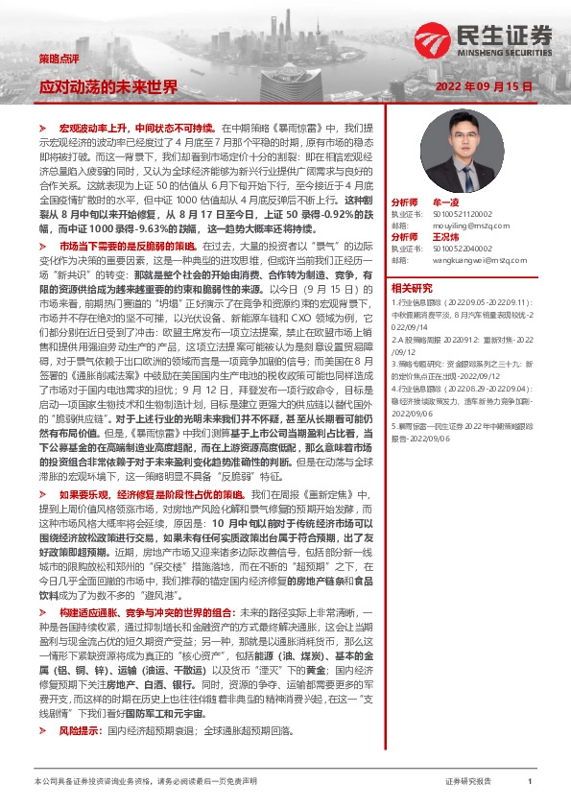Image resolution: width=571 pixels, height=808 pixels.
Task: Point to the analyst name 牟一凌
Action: [447, 203]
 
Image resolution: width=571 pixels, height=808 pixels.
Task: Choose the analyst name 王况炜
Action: [447, 236]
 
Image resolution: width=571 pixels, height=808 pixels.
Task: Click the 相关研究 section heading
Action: [412, 287]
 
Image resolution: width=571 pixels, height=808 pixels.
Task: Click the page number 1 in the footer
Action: [530, 782]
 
